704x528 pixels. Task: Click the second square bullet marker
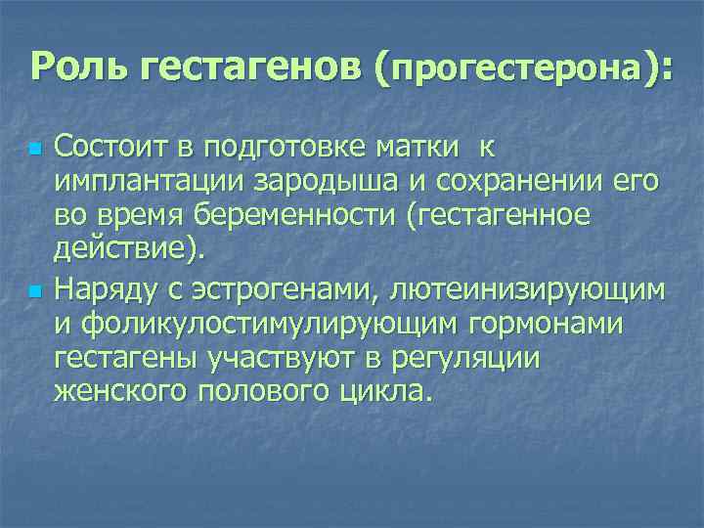point(35,292)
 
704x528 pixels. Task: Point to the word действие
point(124,250)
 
